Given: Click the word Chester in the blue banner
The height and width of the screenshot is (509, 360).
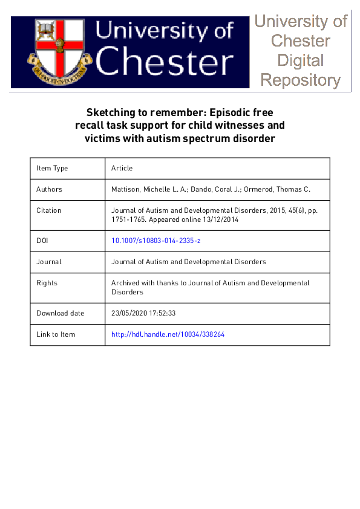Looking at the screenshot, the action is [x=165, y=62].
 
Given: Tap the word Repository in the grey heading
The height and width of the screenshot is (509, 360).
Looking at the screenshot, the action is [x=300, y=80].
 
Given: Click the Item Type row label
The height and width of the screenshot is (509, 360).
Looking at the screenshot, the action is [x=52, y=168].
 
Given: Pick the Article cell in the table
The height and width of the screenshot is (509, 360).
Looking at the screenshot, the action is [x=122, y=168].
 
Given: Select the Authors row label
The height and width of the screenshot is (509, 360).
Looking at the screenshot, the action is [x=49, y=189].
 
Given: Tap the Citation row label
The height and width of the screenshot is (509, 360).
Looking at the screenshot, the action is [x=49, y=210].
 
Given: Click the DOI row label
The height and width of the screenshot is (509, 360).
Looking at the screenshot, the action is [x=42, y=241].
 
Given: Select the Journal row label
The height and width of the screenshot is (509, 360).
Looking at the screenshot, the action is [x=48, y=262].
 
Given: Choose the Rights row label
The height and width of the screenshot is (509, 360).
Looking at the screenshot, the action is [x=47, y=283].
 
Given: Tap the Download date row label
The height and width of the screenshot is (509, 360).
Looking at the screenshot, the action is [x=60, y=313].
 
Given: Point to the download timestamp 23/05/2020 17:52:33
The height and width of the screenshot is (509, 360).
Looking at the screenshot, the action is [x=143, y=313].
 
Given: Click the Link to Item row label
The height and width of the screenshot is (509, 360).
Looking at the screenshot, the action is [x=56, y=334].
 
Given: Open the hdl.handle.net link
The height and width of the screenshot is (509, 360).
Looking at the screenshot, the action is [x=168, y=334].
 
